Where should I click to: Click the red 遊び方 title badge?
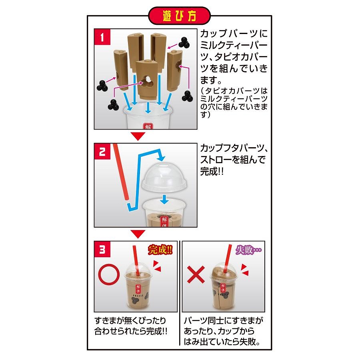[179, 16]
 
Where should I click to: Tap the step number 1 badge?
[102, 37]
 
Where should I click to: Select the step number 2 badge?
[102, 151]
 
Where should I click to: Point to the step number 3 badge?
[102, 249]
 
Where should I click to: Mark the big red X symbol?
[196, 274]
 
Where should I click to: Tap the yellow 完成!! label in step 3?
[160, 250]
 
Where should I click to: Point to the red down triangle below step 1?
[138, 136]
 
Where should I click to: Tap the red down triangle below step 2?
[138, 234]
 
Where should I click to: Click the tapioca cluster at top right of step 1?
[184, 42]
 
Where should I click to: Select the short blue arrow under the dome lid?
[164, 199]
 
